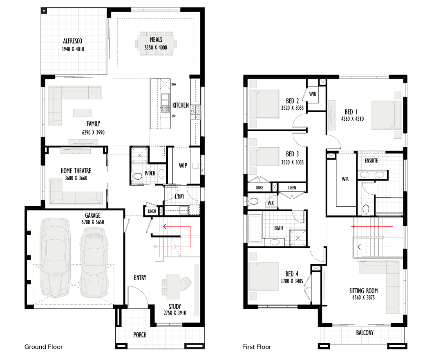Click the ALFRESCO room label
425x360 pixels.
click(73, 41)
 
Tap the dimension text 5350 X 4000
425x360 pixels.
click(156, 47)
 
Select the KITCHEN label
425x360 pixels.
click(181, 105)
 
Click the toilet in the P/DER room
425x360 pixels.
click(137, 176)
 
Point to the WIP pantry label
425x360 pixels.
click(183, 166)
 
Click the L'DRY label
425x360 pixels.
click(179, 196)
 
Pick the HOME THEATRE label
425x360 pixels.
click(76, 171)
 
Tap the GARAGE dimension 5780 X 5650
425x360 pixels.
click(93, 222)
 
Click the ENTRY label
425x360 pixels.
click(140, 277)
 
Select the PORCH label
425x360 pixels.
click(140, 335)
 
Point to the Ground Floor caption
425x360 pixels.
click(43, 347)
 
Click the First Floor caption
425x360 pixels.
click(257, 347)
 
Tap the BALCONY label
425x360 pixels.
click(365, 333)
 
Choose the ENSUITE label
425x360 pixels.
click(371, 161)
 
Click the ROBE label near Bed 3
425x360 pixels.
click(259, 187)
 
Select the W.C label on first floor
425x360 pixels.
click(271, 203)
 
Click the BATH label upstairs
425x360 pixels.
click(279, 228)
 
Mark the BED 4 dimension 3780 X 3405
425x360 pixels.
click(292, 281)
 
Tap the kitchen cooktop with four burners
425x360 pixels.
click(195, 112)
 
